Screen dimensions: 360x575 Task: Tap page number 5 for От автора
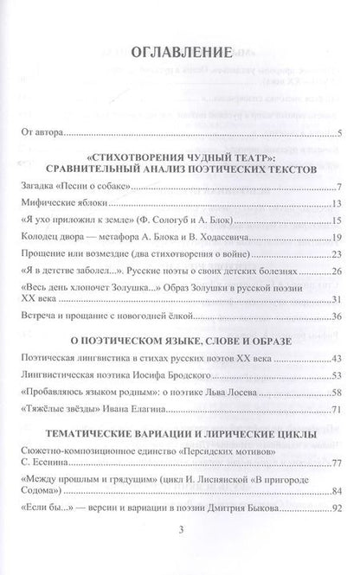pyautogui.click(x=341, y=133)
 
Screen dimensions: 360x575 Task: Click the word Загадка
pyautogui.click(x=35, y=188)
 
